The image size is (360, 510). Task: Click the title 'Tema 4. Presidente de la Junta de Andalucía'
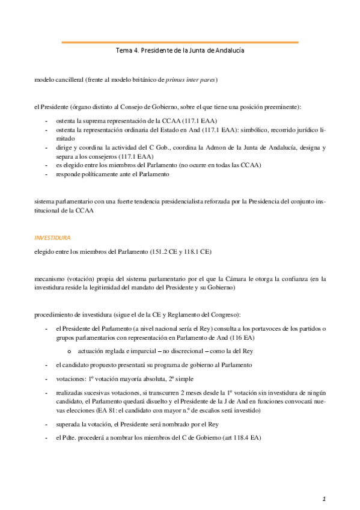point(180,51)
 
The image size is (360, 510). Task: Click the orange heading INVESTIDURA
point(52,238)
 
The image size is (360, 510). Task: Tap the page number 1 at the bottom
point(324,498)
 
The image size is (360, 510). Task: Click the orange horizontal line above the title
point(180,42)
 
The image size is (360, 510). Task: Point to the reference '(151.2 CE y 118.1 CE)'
point(184,251)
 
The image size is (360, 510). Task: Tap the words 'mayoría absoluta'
point(139,378)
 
